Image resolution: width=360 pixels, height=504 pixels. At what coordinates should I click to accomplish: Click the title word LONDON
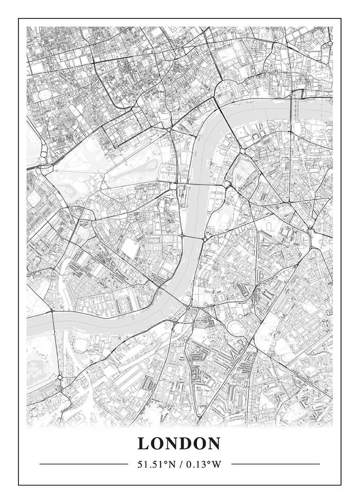(x=179, y=443)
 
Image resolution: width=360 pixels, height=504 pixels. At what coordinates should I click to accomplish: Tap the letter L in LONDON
(x=143, y=443)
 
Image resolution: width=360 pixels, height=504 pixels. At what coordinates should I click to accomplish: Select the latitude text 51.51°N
(x=156, y=464)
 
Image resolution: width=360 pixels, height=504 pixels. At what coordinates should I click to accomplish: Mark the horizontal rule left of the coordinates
(x=84, y=464)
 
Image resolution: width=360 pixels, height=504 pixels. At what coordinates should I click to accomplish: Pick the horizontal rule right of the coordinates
(x=275, y=464)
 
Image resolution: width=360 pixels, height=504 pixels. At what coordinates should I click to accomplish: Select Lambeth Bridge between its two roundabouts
(x=193, y=238)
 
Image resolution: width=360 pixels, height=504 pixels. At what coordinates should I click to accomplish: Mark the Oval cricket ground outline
(x=237, y=328)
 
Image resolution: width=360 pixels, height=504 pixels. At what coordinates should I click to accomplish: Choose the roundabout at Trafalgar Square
(x=169, y=130)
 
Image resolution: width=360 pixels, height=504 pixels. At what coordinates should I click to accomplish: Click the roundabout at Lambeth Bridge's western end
(x=182, y=236)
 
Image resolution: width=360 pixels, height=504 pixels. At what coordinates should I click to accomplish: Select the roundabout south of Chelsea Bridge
(x=60, y=377)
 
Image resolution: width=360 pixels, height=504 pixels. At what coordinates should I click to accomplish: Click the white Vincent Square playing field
(x=131, y=249)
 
